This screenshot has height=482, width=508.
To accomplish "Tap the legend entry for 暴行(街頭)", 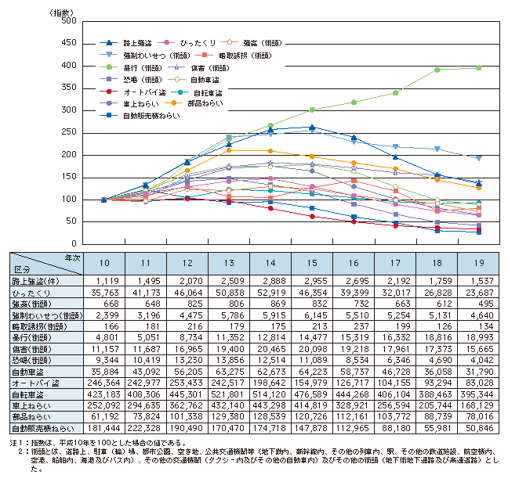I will tap(138, 68).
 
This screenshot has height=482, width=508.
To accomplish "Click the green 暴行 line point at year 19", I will tap(478, 67).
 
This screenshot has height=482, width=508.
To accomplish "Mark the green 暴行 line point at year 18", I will tap(437, 69).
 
